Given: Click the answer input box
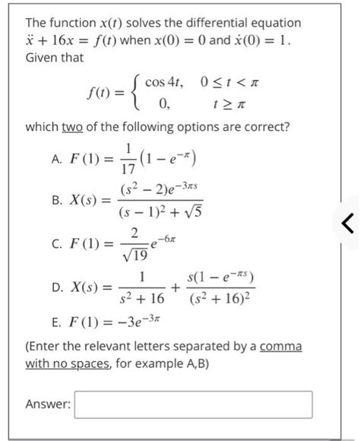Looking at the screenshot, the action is (193, 405).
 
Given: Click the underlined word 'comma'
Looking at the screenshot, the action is (280, 347).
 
